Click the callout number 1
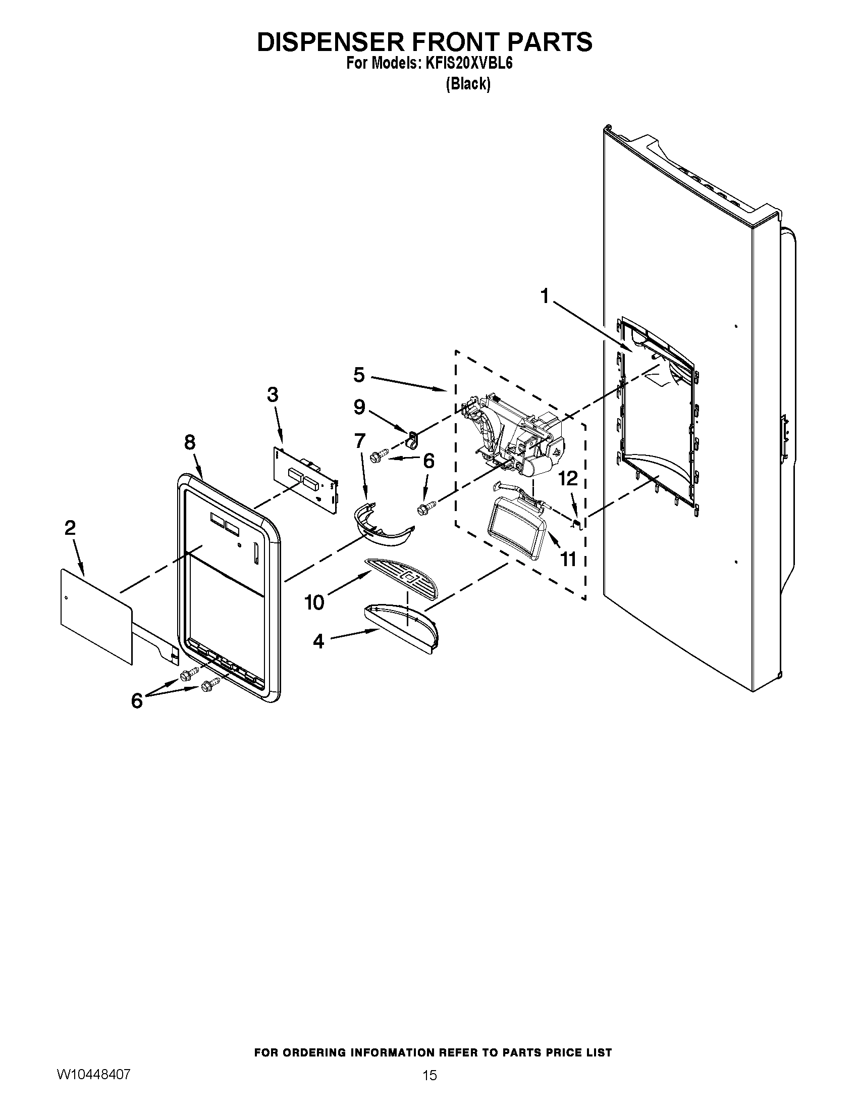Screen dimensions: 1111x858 pos(545,296)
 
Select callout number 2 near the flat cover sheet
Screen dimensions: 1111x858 pos(70,528)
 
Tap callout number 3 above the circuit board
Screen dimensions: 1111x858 pos(273,394)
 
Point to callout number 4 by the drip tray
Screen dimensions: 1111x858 pos(318,642)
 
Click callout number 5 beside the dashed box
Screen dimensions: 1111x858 pos(359,375)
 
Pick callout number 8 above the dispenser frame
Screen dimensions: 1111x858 pos(190,442)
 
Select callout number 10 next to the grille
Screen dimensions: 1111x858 pos(314,602)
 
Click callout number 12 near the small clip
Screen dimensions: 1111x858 pos(569,478)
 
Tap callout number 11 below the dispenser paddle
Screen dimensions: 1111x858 pos(568,559)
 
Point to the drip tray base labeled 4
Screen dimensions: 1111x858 pos(402,627)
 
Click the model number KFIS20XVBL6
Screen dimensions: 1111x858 pos(468,65)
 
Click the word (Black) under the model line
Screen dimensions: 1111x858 pos(468,84)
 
